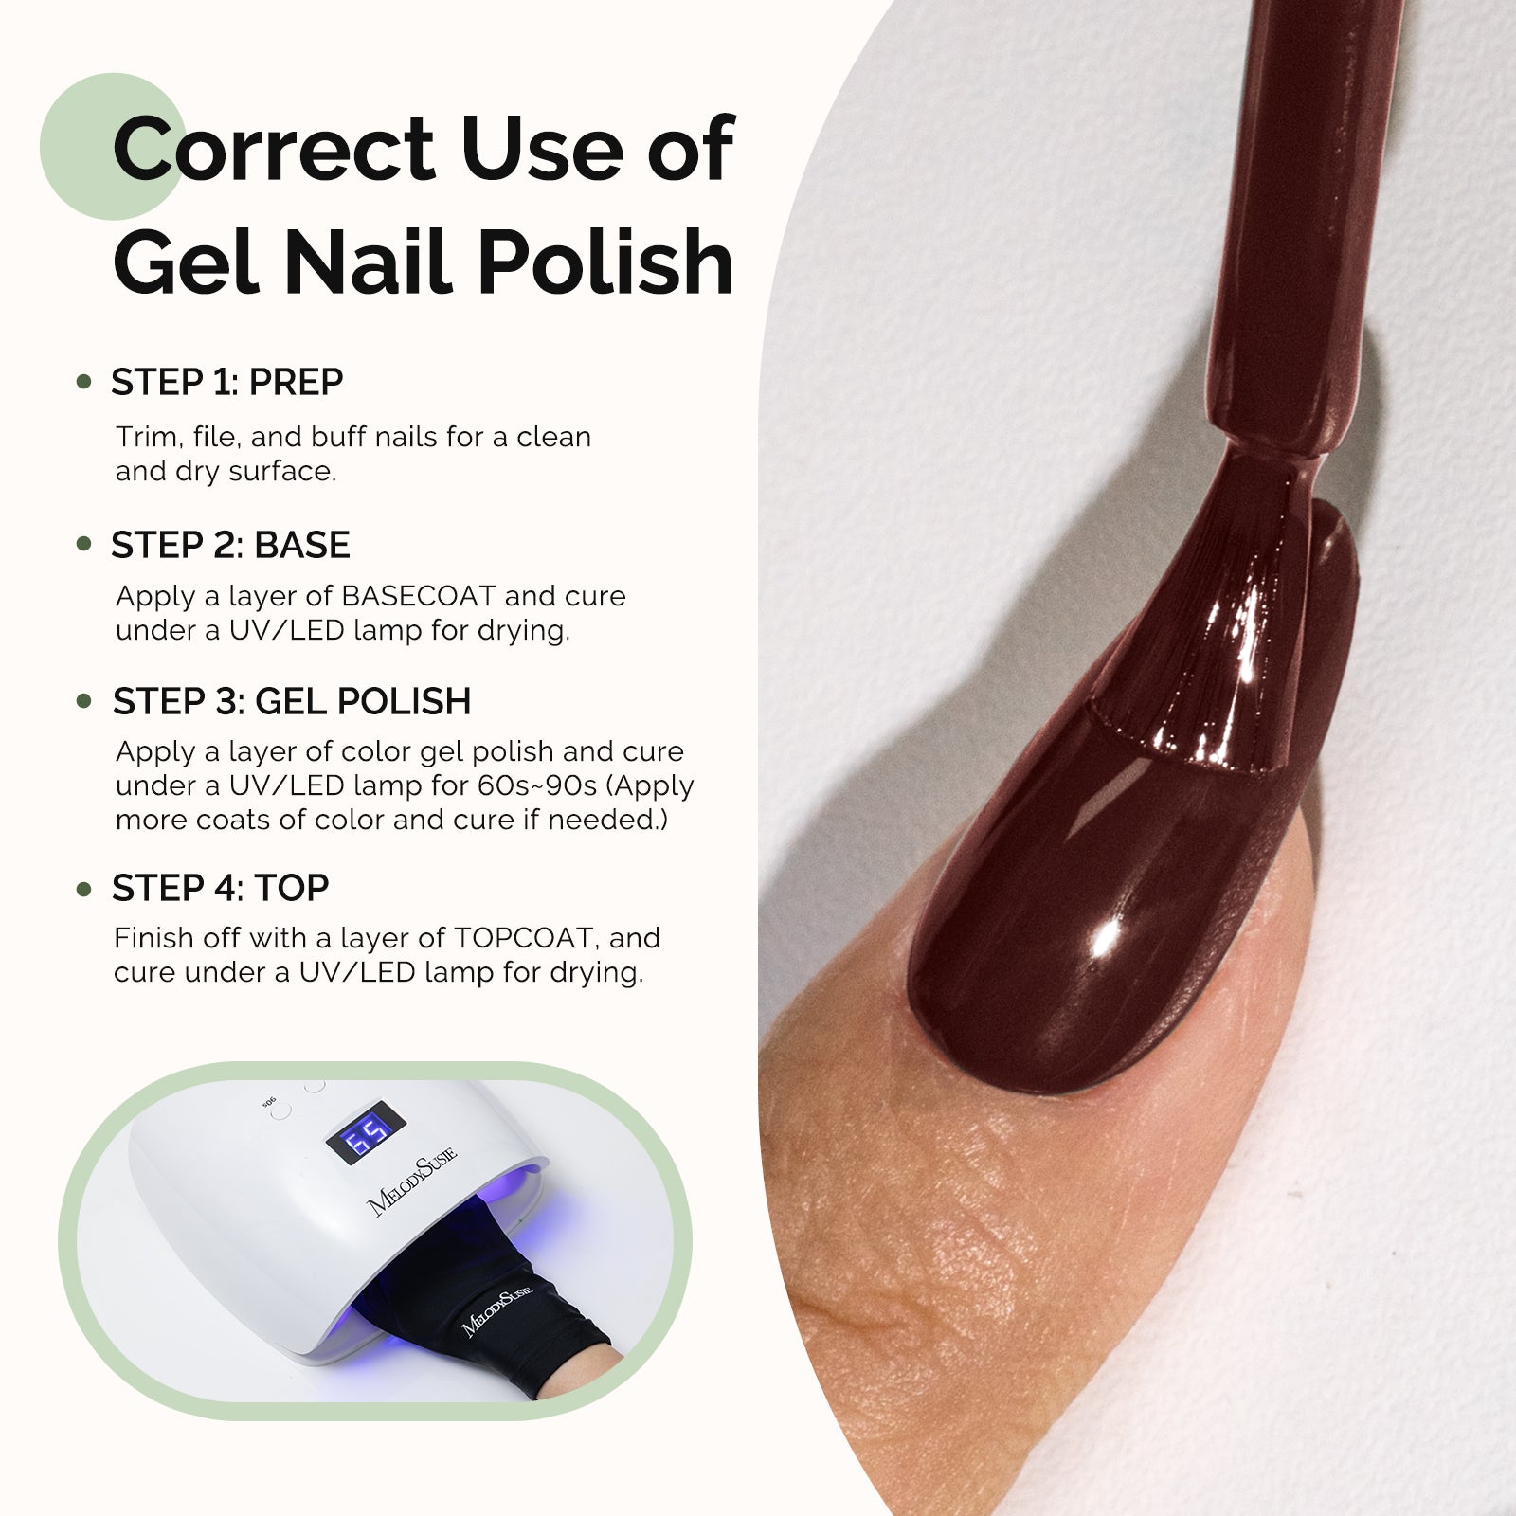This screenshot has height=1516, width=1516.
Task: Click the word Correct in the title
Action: point(273,149)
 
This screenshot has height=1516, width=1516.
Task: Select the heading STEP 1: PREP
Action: point(226,382)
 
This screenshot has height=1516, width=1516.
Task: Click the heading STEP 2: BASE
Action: point(230,545)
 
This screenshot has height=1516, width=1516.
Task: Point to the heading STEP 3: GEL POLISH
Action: point(291,701)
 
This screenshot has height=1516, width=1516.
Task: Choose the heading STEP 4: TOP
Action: point(220,888)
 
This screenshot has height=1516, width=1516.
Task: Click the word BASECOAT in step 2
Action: point(418,596)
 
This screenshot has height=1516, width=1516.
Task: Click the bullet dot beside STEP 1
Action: point(84,382)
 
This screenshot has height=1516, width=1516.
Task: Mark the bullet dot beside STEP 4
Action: point(84,889)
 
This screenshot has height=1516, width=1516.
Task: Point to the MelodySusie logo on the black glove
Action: point(498,1310)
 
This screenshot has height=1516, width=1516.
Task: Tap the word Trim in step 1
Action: point(146,437)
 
